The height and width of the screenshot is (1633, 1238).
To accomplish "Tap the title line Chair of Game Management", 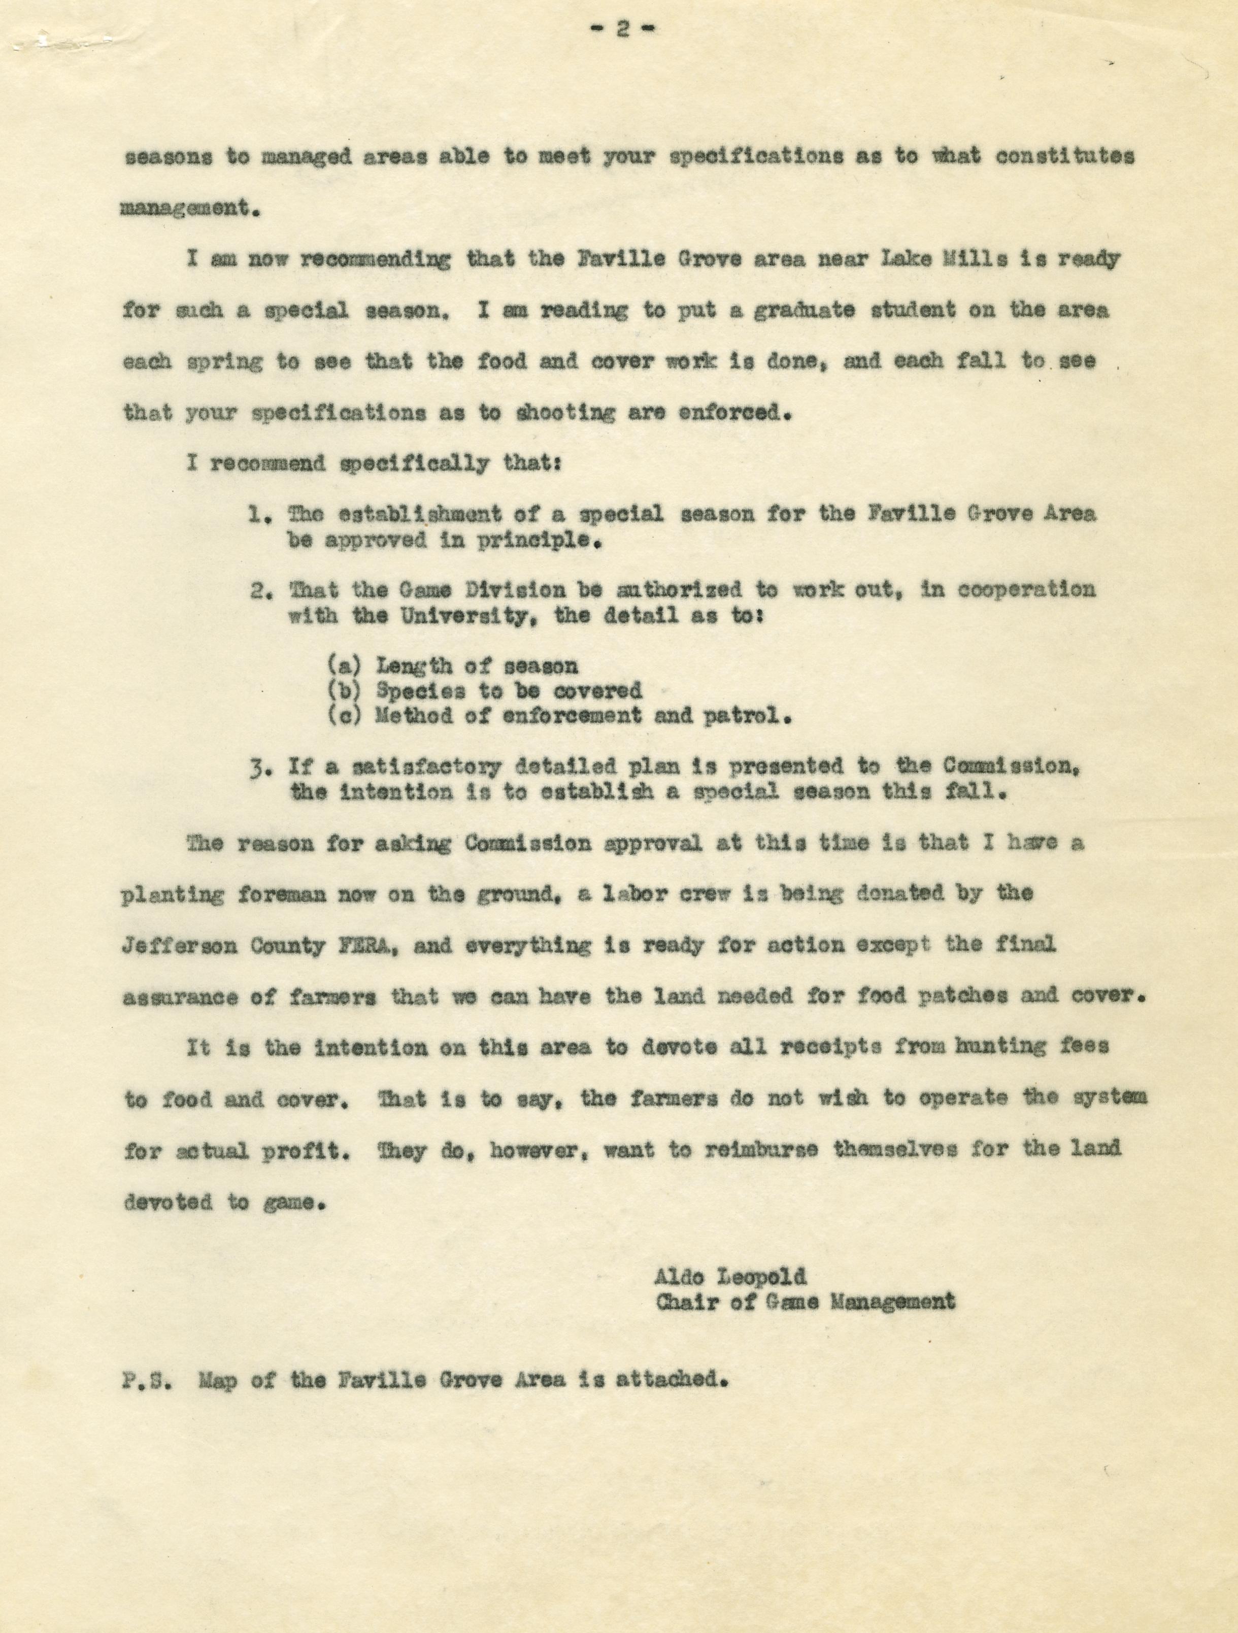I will tap(805, 1301).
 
